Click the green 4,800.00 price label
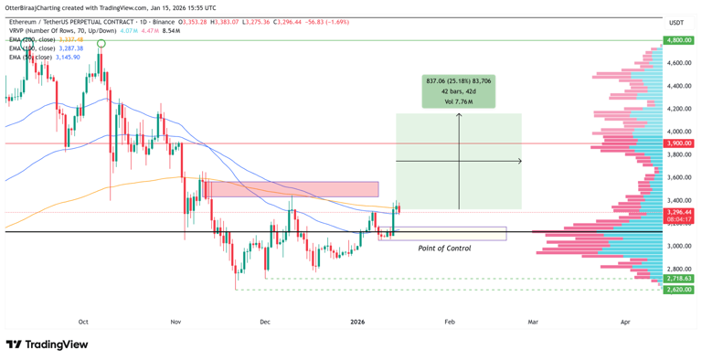click(678, 40)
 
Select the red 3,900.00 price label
click(678, 143)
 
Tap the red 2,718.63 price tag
click(678, 278)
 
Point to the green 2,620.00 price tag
click(678, 290)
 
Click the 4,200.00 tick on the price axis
click(677, 109)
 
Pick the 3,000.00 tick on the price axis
click(677, 246)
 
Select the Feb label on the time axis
click(449, 322)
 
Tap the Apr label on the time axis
click(625, 322)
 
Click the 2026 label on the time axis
click(357, 322)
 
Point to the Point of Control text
click(444, 249)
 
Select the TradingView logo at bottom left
click(47, 344)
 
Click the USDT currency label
click(676, 22)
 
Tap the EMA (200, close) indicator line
click(46, 40)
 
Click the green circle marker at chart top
click(101, 43)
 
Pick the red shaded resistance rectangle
click(293, 189)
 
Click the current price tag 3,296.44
click(678, 212)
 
